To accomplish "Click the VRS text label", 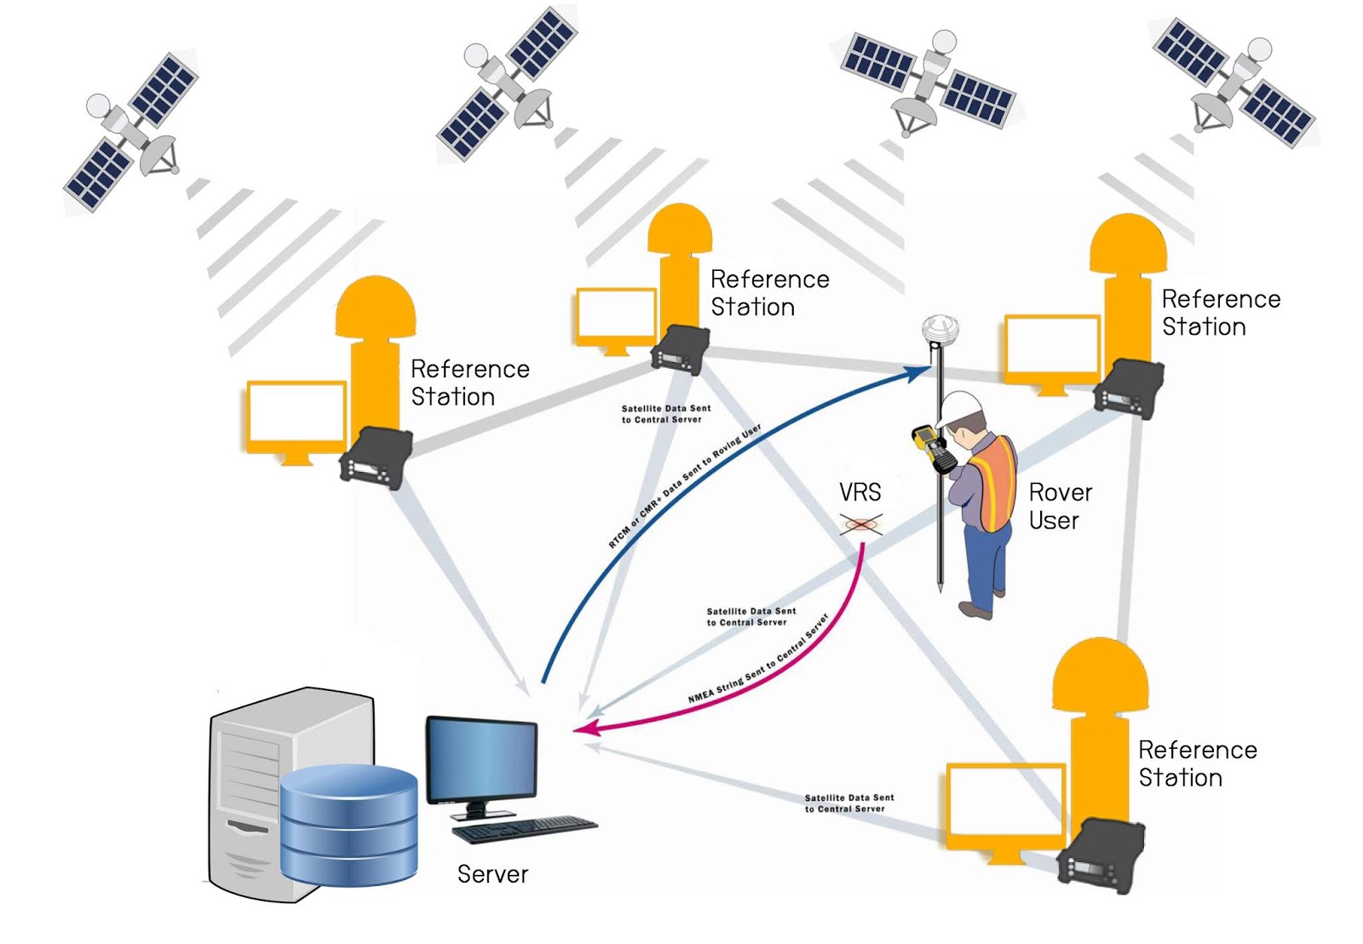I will pyautogui.click(x=860, y=492).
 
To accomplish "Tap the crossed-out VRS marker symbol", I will pyautogui.click(x=861, y=524).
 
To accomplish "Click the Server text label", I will pyautogui.click(x=492, y=874).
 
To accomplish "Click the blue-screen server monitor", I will pyautogui.click(x=482, y=761).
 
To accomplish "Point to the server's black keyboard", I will pyautogui.click(x=524, y=828).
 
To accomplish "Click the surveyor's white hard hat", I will pyautogui.click(x=960, y=407).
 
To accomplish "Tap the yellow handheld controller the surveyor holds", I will pyautogui.click(x=934, y=448).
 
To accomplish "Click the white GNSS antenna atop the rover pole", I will pyautogui.click(x=940, y=329).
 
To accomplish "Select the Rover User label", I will pyautogui.click(x=1059, y=506).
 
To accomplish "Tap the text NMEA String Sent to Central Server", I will pyautogui.click(x=758, y=659).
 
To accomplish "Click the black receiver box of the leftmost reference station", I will pyautogui.click(x=376, y=458).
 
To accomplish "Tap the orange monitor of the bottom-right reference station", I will pyautogui.click(x=1005, y=806).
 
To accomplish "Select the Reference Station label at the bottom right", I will pyautogui.click(x=1196, y=763).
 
